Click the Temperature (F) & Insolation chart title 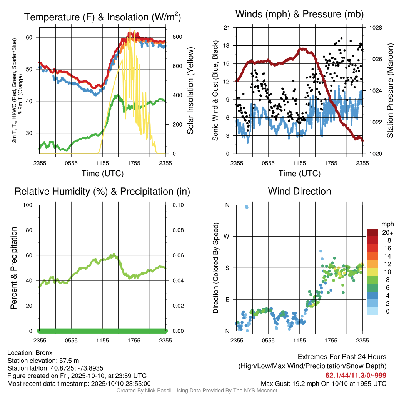tap(102, 17)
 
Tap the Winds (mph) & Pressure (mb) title tap(299, 14)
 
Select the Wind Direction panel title tap(299, 191)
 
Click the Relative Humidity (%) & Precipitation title tap(102, 192)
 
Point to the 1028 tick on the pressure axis tap(376, 28)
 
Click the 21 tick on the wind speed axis tap(227, 28)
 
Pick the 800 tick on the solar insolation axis tap(177, 37)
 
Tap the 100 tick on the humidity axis tap(28, 205)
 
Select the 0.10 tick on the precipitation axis tap(178, 205)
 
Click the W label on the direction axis tap(227, 237)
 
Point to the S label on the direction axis tap(227, 268)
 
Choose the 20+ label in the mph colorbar tap(387, 233)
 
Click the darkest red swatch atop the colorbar tap(372, 232)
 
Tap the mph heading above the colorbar tap(387, 224)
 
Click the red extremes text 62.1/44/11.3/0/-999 tap(356, 376)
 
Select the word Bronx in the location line tap(44, 353)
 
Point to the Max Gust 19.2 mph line tap(323, 384)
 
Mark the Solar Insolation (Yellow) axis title tap(190, 90)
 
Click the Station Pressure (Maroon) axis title tap(390, 90)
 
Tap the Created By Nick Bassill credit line tap(197, 391)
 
